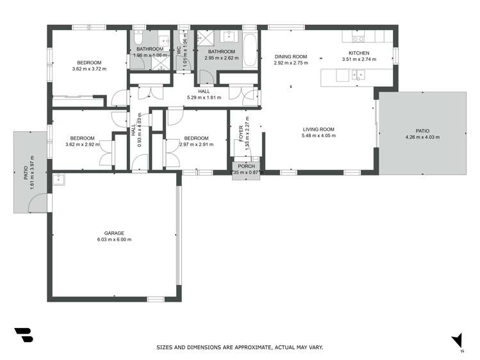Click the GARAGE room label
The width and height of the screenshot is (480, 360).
coord(114,233)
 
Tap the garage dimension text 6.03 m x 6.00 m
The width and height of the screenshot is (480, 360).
coord(114,240)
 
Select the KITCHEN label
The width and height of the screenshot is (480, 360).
coord(358,53)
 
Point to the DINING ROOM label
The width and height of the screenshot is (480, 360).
coord(291,56)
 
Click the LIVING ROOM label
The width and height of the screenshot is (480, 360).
coord(319,129)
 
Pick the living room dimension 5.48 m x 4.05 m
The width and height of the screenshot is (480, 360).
coord(319,136)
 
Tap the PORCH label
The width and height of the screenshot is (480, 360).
coord(247,167)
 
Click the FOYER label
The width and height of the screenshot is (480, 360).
coord(242,133)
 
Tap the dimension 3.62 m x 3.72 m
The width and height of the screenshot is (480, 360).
coord(89,69)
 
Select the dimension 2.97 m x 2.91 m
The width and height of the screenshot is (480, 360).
coord(195,144)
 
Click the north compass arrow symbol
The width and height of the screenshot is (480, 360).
coord(457,341)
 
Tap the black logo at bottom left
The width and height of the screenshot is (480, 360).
coord(23,336)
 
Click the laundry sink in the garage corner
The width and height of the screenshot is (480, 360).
coord(60,179)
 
